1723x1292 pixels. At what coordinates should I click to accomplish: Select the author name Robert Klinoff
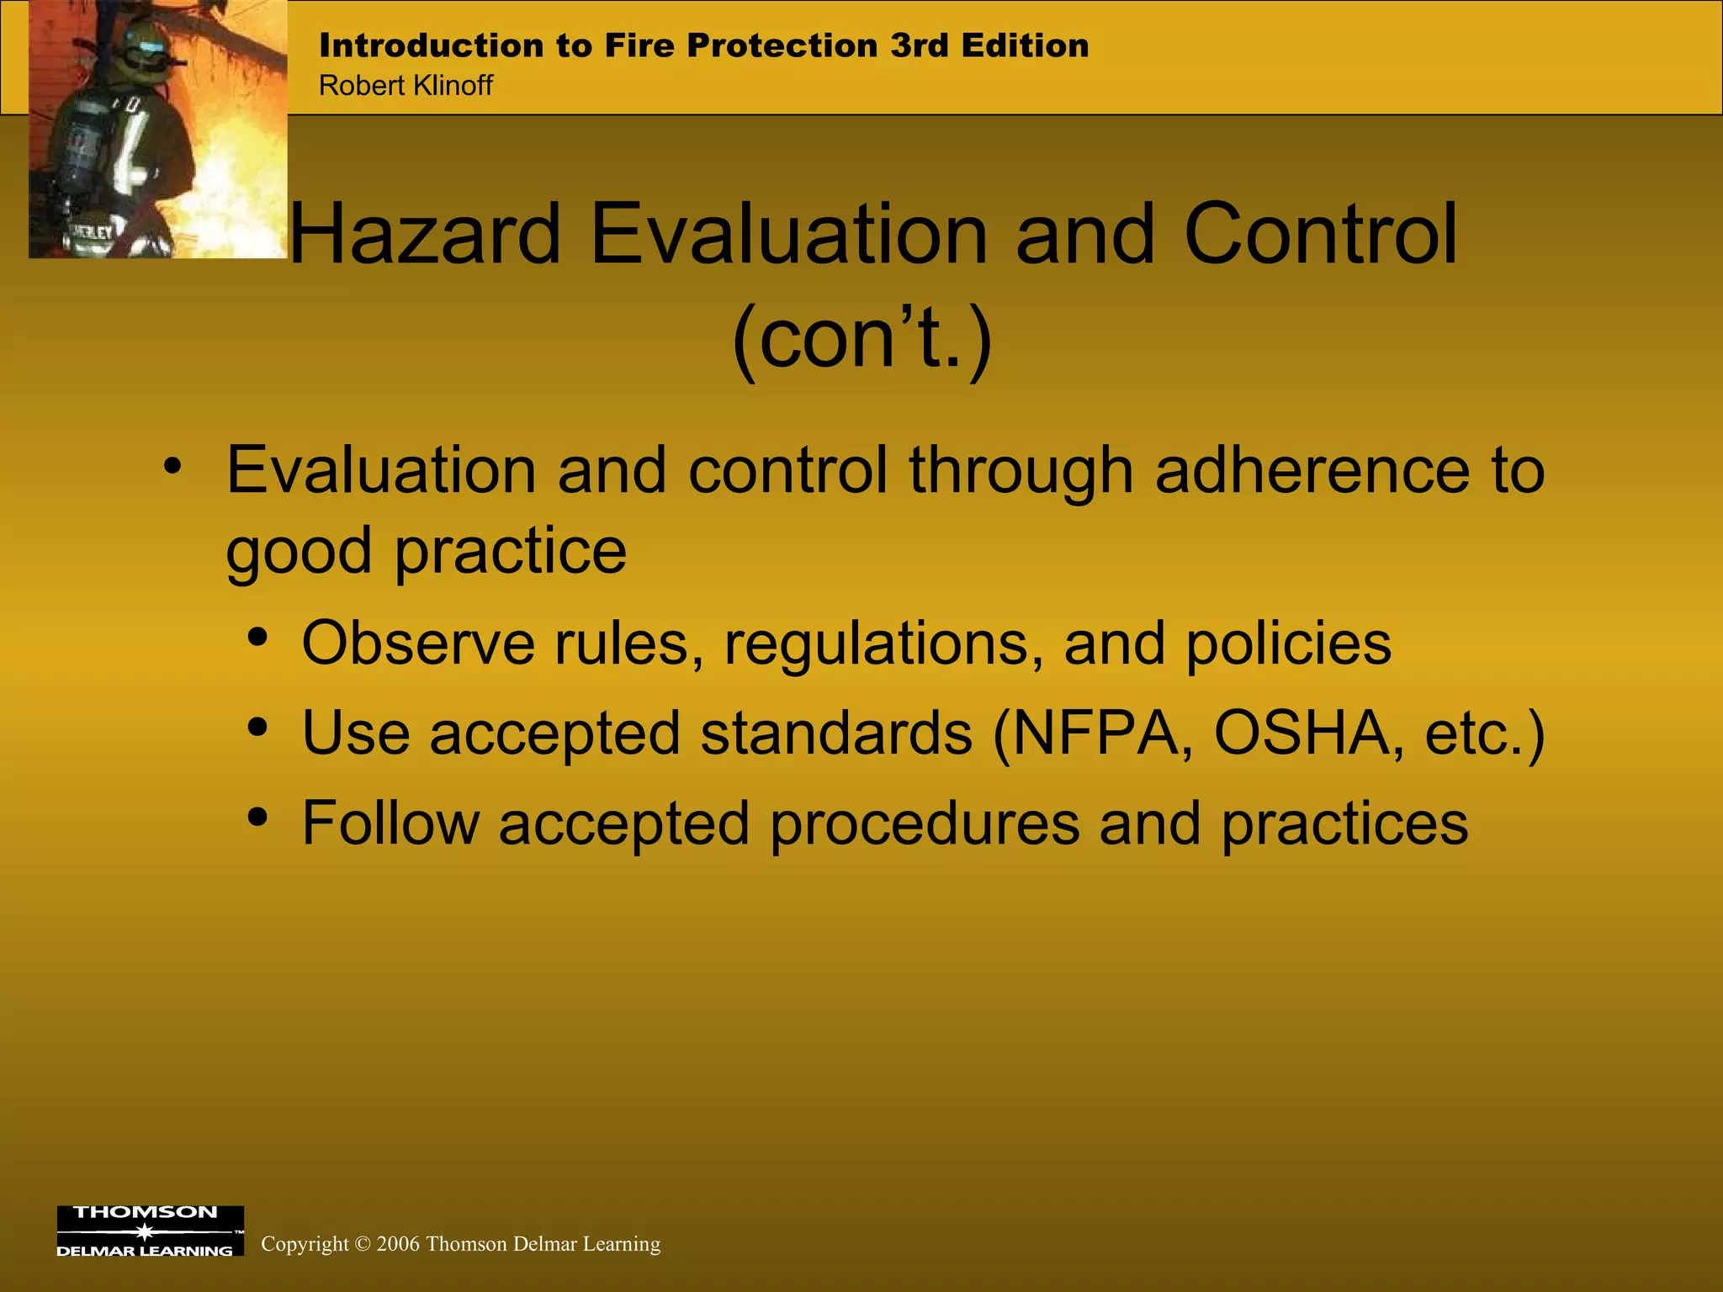406,86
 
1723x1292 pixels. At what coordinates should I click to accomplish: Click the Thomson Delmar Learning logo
150,1231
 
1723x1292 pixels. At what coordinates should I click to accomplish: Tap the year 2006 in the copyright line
398,1244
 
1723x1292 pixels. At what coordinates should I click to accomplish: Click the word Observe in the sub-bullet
418,643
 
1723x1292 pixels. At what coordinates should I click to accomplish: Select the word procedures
925,824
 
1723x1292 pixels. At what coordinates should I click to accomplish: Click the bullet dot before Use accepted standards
258,726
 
